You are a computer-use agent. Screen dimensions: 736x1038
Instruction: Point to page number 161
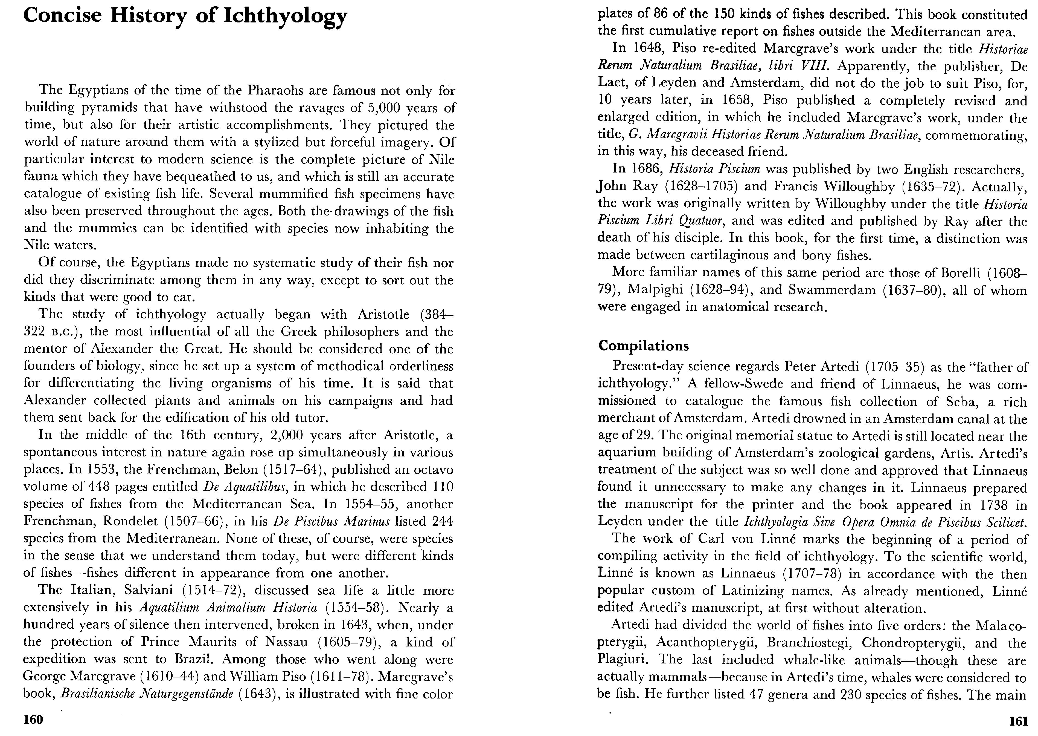tap(1018, 721)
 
